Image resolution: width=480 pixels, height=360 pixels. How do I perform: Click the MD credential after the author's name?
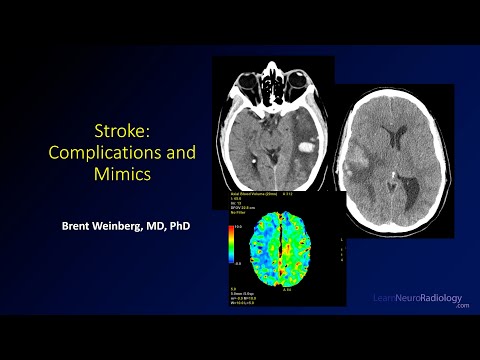tap(164, 225)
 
